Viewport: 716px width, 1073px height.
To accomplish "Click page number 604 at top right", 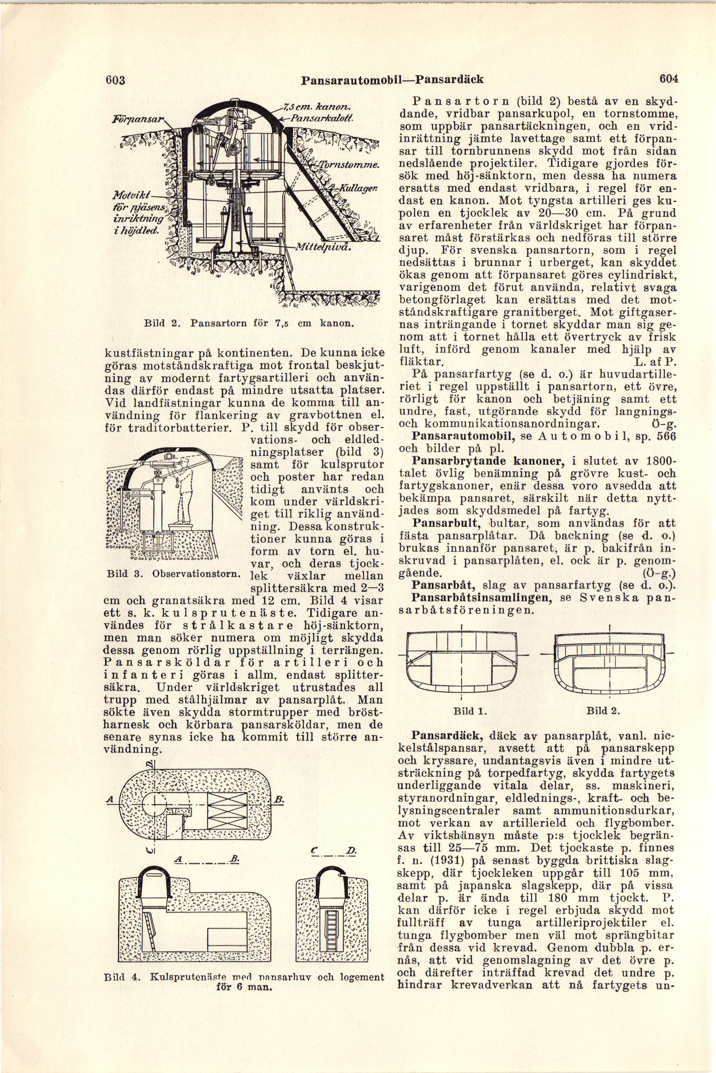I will click(669, 78).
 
